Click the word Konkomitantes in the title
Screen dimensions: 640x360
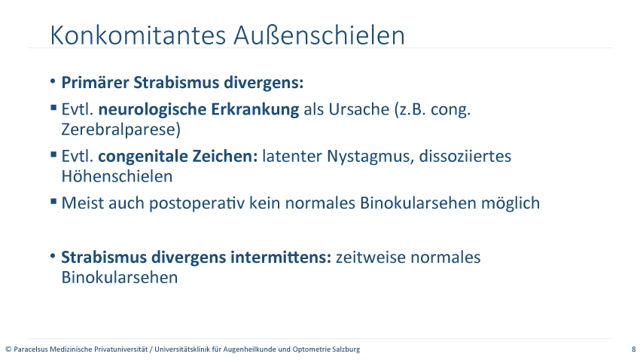pyautogui.click(x=138, y=35)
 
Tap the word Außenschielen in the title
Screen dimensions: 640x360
pyautogui.click(x=319, y=35)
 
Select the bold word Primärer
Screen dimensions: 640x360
pyautogui.click(x=95, y=82)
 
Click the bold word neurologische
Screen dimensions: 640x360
pyautogui.click(x=152, y=109)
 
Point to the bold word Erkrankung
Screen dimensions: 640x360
pyautogui.click(x=254, y=109)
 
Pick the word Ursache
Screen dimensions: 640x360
pyautogui.click(x=358, y=109)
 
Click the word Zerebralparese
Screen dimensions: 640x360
pyautogui.click(x=120, y=130)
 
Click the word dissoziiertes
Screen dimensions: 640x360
pyautogui.click(x=465, y=157)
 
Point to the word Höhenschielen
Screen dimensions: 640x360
pyautogui.click(x=117, y=176)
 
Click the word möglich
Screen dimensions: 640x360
pyautogui.click(x=510, y=203)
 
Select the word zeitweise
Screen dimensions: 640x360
pyautogui.click(x=370, y=258)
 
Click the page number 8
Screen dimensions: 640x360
pyautogui.click(x=633, y=349)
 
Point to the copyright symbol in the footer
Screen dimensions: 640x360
pyautogui.click(x=8, y=349)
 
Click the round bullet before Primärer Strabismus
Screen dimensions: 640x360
pyautogui.click(x=53, y=81)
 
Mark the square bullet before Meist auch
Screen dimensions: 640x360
pyautogui.click(x=53, y=201)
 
